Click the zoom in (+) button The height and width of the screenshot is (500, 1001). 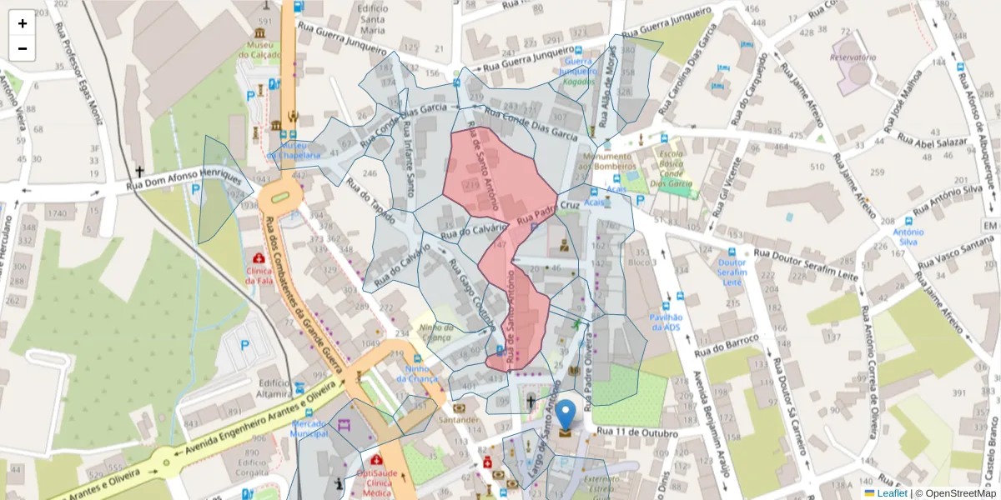pos(23,23)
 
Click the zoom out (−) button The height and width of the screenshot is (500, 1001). pos(23,48)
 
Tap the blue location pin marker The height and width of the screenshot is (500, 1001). pos(566,415)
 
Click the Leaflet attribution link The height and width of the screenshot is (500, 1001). pos(891,493)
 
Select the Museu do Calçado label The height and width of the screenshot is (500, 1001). pos(259,49)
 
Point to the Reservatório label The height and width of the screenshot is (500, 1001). pos(853,57)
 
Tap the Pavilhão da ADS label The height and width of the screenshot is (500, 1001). pos(666,322)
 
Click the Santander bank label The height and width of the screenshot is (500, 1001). pos(459,420)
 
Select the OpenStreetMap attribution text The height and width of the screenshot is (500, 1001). pos(955,493)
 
